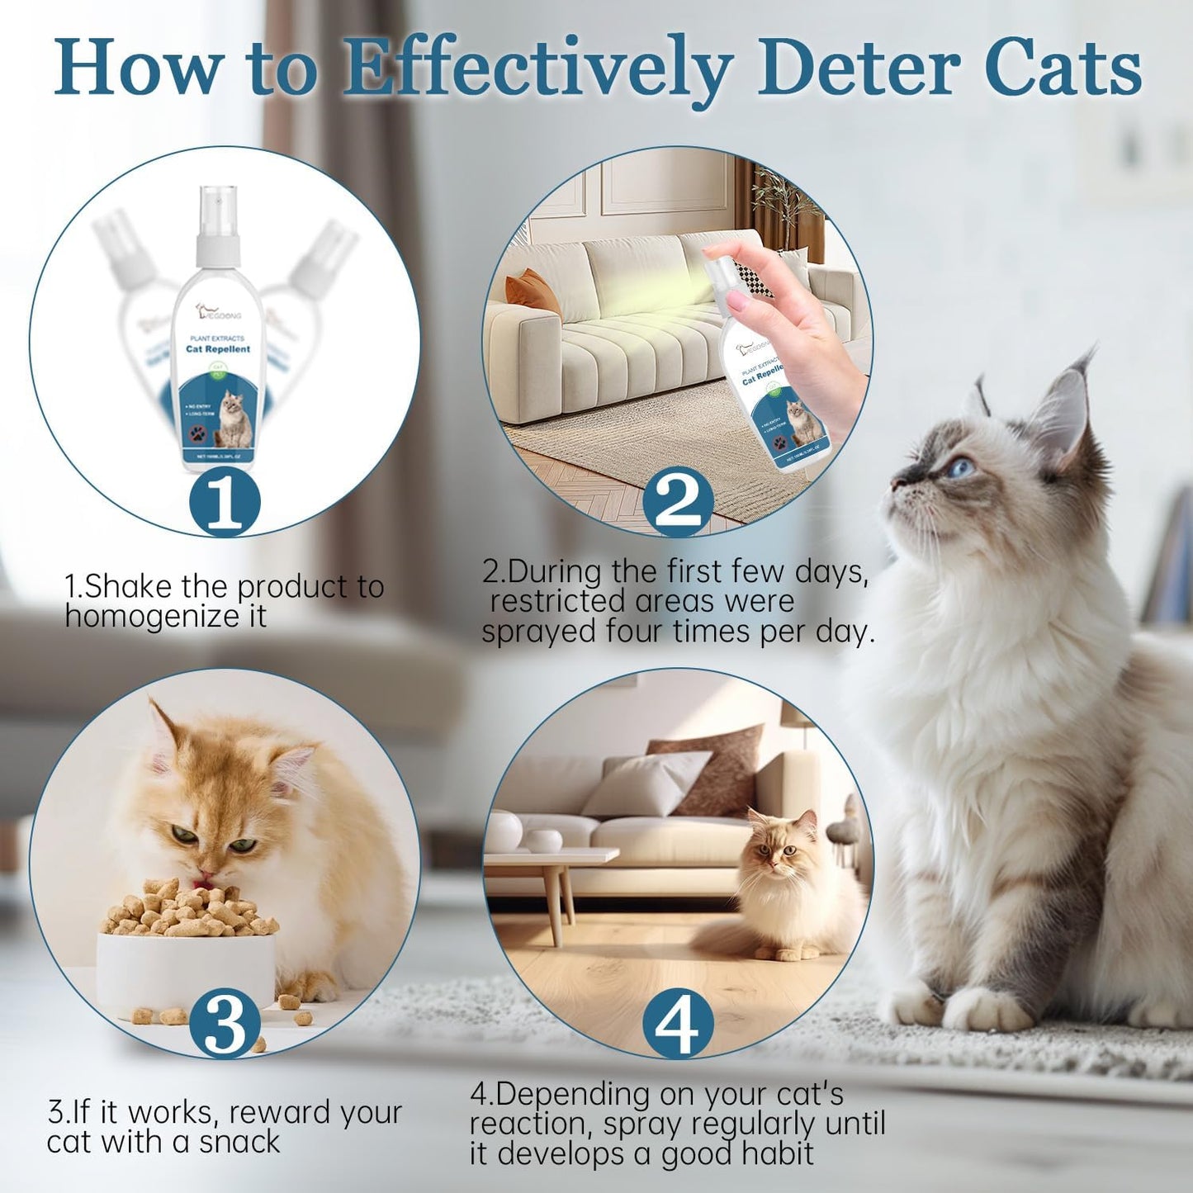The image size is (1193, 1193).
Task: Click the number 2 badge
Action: pyautogui.click(x=678, y=500)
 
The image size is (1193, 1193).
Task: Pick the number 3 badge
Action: pyautogui.click(x=225, y=1024)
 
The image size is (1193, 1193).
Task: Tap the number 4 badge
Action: pyautogui.click(x=678, y=1024)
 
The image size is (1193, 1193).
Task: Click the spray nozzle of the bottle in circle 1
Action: pyautogui.click(x=218, y=216)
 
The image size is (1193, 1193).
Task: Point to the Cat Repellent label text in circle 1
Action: pyautogui.click(x=218, y=349)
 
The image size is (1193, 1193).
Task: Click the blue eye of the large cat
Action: pyautogui.click(x=960, y=468)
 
